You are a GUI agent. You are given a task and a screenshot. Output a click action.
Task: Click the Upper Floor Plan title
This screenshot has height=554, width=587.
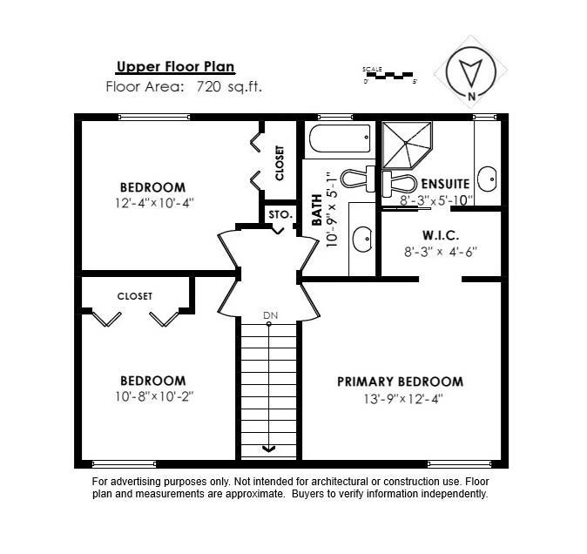click(x=175, y=67)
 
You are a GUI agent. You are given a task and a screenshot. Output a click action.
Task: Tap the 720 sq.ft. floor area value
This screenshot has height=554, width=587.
click(x=229, y=86)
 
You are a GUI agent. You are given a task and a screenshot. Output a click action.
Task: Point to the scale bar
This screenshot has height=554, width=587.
click(x=391, y=75)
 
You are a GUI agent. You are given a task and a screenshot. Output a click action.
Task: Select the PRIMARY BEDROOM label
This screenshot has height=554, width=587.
click(x=400, y=382)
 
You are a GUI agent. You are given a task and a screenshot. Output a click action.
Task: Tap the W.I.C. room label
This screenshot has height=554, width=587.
click(x=441, y=235)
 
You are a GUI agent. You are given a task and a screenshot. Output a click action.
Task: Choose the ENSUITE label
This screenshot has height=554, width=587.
click(x=445, y=184)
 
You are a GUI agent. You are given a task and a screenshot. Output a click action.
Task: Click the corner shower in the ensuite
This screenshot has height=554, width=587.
click(x=406, y=144)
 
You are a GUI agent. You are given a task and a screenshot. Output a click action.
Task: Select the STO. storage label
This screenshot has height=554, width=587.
click(x=280, y=214)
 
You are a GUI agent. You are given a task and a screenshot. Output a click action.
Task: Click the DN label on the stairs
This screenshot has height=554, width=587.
click(x=269, y=315)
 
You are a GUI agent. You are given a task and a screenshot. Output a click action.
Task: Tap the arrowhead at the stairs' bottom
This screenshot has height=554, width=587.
click(x=269, y=449)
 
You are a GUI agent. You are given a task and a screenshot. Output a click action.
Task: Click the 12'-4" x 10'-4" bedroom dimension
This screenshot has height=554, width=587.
click(x=152, y=203)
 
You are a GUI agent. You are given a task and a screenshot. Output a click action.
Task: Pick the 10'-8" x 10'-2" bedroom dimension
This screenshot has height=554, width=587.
click(x=152, y=396)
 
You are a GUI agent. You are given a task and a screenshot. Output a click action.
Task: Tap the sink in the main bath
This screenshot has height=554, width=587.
click(x=361, y=238)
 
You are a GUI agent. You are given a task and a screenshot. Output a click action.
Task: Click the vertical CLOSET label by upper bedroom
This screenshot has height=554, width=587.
click(x=280, y=162)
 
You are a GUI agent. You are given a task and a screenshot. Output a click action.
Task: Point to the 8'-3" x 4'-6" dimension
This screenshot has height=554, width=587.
click(x=441, y=252)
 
